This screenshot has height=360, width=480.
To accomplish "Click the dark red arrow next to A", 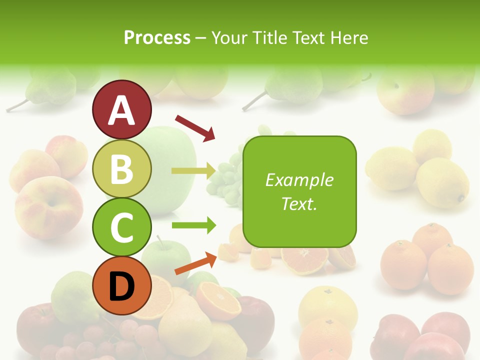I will pyautogui.click(x=195, y=127).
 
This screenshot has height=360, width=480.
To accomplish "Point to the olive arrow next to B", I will pyautogui.click(x=194, y=170).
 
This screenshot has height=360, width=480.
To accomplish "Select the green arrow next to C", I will pyautogui.click(x=194, y=225).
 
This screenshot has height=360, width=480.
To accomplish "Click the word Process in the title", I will pyautogui.click(x=157, y=37).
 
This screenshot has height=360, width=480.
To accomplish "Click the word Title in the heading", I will pyautogui.click(x=270, y=37).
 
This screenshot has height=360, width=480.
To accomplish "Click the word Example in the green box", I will pyautogui.click(x=299, y=180).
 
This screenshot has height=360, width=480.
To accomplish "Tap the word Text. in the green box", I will pyautogui.click(x=299, y=204).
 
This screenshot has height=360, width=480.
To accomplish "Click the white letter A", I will pyautogui.click(x=121, y=111).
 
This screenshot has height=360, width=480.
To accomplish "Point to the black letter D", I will pyautogui.click(x=121, y=286).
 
